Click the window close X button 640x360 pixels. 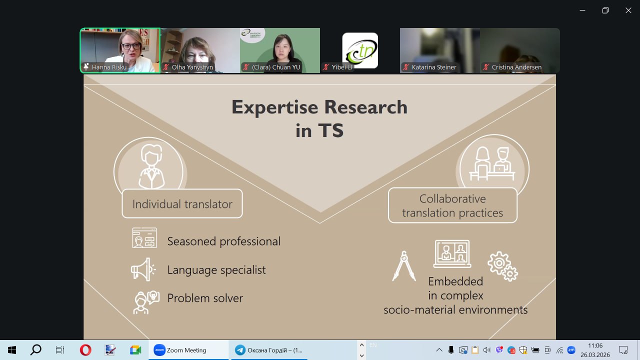(x=628, y=10)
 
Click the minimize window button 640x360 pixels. (x=582, y=10)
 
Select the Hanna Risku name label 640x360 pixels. (x=109, y=67)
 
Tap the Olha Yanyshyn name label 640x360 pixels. (x=192, y=67)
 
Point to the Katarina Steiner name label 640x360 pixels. (x=433, y=67)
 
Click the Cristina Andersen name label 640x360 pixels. (x=516, y=67)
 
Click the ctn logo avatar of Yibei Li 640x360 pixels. (x=360, y=50)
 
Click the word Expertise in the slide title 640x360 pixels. (x=274, y=107)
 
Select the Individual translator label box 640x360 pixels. (x=182, y=203)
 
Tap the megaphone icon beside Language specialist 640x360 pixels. (x=143, y=269)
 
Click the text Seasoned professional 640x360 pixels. (x=223, y=241)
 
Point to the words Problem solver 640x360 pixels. (x=205, y=298)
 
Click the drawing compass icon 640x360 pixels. (x=404, y=266)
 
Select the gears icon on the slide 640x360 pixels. (x=503, y=266)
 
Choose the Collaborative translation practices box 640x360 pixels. (x=452, y=205)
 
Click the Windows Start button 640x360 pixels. (x=12, y=350)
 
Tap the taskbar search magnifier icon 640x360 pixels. (x=36, y=350)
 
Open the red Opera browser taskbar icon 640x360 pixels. (x=85, y=350)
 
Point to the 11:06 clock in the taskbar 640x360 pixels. (x=595, y=345)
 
